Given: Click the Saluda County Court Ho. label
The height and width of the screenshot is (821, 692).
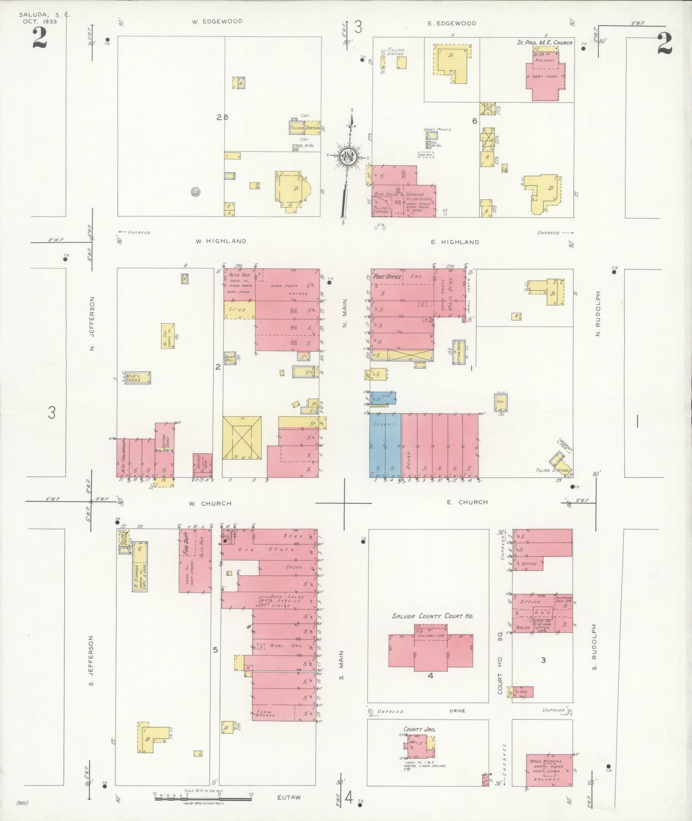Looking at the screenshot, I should [x=432, y=616].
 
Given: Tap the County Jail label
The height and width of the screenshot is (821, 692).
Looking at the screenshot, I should [x=419, y=730].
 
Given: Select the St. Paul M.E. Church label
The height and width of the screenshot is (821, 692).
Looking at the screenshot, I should [x=545, y=43].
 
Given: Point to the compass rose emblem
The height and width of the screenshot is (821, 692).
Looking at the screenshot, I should [x=348, y=157].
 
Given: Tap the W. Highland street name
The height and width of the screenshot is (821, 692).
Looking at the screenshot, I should [x=221, y=241].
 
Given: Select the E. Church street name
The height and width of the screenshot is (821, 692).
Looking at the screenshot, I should [x=467, y=502].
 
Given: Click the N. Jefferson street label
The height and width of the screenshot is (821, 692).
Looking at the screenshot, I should [x=92, y=323].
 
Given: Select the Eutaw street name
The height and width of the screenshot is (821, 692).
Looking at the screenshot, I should [x=289, y=798].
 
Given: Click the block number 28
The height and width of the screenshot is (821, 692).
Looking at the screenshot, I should [x=222, y=117].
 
